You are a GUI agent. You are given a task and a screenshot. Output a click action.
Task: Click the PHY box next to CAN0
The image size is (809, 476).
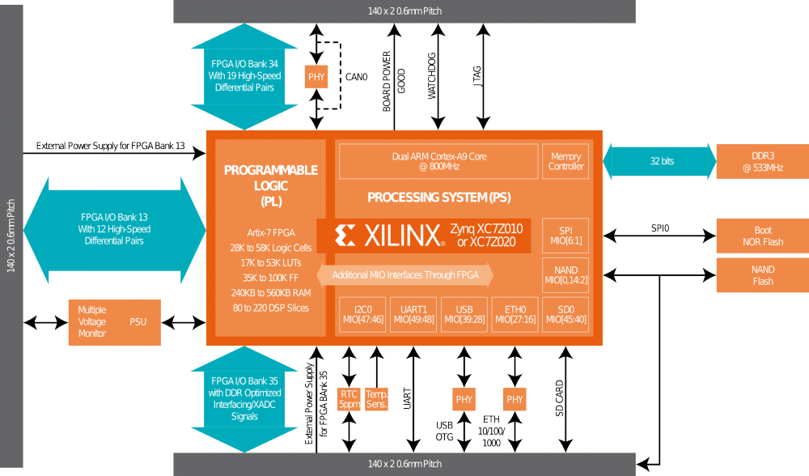coord(316,78)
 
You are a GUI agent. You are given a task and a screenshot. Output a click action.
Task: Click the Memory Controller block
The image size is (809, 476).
coord(566,161)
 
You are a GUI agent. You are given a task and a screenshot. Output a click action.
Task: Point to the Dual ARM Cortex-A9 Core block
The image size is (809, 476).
coord(438,161)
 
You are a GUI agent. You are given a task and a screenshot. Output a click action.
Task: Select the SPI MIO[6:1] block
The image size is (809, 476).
coord(566,235)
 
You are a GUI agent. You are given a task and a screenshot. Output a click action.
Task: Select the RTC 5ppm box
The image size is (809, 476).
coord(349,398)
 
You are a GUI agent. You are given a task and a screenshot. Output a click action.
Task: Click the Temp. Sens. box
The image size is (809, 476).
coord(377,398)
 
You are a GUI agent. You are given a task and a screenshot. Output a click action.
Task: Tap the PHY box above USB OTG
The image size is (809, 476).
coord(464,399)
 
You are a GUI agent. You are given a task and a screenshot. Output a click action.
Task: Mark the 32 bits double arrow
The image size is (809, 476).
coord(659,161)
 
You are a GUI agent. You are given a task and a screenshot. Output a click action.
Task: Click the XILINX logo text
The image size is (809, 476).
coord(389,235)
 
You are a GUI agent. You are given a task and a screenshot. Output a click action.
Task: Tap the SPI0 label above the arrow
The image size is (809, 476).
coord(660,228)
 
